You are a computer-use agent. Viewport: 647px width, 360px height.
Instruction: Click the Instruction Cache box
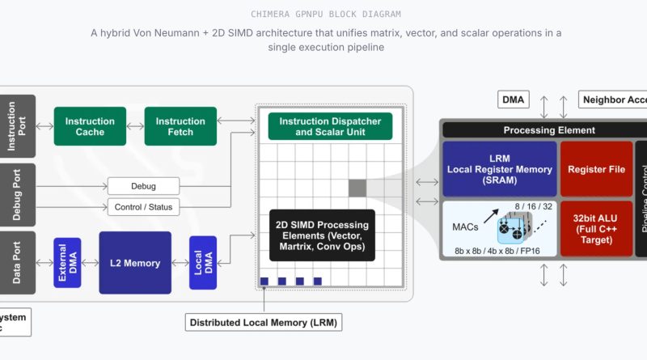click(x=90, y=126)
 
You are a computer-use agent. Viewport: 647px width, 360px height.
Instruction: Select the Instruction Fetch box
click(x=180, y=126)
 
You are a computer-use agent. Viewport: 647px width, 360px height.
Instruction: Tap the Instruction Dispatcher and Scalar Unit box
click(x=330, y=125)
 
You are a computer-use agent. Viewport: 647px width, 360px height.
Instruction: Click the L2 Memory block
click(x=135, y=263)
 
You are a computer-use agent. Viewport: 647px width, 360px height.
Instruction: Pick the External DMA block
click(x=67, y=263)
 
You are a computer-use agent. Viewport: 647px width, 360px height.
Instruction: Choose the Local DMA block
click(x=202, y=263)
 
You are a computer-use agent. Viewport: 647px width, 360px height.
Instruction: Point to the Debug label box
click(x=143, y=185)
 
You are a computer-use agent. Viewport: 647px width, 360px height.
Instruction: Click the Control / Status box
click(x=143, y=207)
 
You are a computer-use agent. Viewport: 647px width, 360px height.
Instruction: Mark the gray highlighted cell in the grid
click(x=357, y=188)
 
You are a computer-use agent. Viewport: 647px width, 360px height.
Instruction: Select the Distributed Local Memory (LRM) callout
click(x=264, y=323)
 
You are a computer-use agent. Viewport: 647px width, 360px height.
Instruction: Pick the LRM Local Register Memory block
click(x=499, y=169)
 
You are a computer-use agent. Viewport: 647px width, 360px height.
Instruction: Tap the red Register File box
click(x=596, y=169)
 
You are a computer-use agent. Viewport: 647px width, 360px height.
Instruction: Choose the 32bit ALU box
click(x=596, y=228)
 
